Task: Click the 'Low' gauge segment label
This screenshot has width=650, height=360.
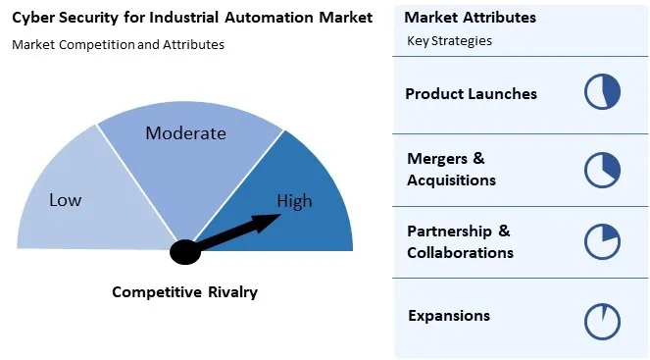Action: (65, 200)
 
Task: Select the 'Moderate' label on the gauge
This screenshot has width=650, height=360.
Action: (185, 133)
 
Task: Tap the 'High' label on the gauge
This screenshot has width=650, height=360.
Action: (294, 201)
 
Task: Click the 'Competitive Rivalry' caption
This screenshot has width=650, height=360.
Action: (184, 291)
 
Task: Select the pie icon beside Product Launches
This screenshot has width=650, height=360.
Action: (603, 92)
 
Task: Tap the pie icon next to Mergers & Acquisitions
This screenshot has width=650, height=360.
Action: (603, 169)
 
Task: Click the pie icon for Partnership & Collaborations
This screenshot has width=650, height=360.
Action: (603, 242)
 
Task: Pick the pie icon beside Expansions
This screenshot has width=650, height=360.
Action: (603, 319)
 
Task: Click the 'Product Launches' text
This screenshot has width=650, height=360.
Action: (471, 94)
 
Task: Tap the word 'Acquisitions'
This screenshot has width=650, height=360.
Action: (451, 180)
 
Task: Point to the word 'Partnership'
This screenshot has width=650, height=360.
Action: (445, 231)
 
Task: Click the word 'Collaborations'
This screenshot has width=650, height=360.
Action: (460, 253)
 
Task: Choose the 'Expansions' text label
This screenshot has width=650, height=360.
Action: (448, 316)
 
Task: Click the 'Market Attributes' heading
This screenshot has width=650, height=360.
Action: (470, 18)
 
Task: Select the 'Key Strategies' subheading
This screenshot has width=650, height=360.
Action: (449, 41)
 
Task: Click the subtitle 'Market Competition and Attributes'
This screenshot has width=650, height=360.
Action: (118, 44)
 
